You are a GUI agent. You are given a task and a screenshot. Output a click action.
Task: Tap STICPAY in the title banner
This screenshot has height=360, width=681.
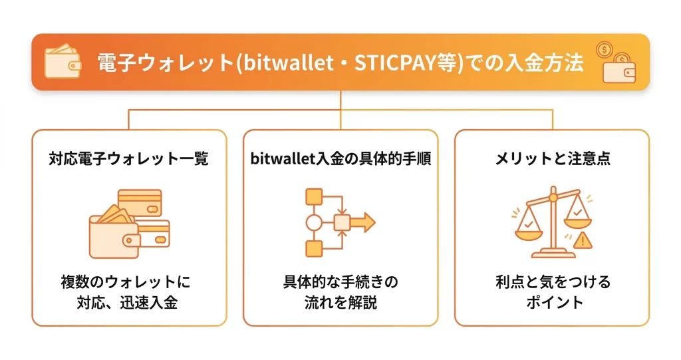coord(402,65)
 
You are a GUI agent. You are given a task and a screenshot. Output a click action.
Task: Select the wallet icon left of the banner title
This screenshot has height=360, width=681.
coord(63,63)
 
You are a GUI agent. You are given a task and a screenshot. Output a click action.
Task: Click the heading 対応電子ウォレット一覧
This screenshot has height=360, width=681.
coord(129,159)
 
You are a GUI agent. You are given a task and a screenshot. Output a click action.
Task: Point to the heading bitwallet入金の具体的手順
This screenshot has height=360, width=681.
coord(340,159)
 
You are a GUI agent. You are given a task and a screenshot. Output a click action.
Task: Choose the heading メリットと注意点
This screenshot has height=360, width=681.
coord(553,159)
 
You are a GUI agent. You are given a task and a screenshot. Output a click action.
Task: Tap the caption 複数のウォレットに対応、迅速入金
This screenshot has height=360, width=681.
coord(129,292)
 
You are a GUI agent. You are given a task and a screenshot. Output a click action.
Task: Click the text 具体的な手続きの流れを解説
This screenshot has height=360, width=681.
coord(340,292)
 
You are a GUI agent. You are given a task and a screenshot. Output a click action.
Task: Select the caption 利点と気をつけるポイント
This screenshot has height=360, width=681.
coord(553,292)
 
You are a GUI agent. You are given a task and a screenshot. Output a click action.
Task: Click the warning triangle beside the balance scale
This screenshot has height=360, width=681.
coord(582,240)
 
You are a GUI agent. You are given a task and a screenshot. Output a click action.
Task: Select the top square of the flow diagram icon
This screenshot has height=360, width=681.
coord(314,196)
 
